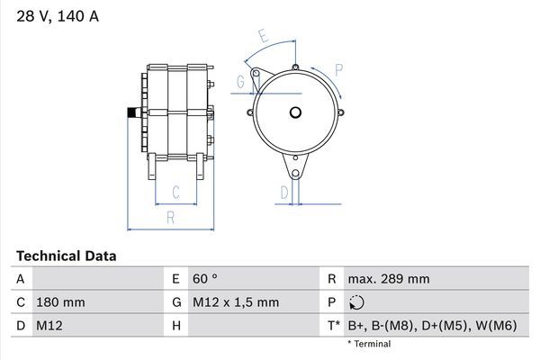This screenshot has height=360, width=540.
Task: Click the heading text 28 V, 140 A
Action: (56, 15)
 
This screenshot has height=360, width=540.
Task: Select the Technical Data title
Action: (67, 256)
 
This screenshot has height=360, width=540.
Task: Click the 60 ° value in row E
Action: (206, 279)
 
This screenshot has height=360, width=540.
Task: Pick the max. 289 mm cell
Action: (388, 279)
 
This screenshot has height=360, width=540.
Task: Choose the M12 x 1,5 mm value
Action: (236, 301)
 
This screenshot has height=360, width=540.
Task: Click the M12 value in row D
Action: (48, 324)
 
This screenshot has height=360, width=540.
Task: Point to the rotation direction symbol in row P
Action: (357, 302)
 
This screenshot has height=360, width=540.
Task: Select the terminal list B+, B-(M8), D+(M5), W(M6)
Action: (432, 324)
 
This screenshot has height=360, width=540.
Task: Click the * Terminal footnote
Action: (369, 343)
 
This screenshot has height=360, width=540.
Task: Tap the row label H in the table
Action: (177, 324)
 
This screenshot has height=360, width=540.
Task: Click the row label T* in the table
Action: (334, 324)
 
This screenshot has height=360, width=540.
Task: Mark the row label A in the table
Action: (20, 279)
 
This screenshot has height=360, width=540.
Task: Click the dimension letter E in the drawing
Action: (263, 37)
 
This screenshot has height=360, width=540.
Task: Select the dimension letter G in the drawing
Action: (240, 83)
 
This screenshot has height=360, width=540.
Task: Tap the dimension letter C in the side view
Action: (175, 192)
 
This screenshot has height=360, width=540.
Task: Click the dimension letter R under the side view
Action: (169, 217)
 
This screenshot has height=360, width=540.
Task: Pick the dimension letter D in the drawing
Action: (283, 192)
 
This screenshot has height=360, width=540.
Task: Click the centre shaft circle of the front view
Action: (295, 113)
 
